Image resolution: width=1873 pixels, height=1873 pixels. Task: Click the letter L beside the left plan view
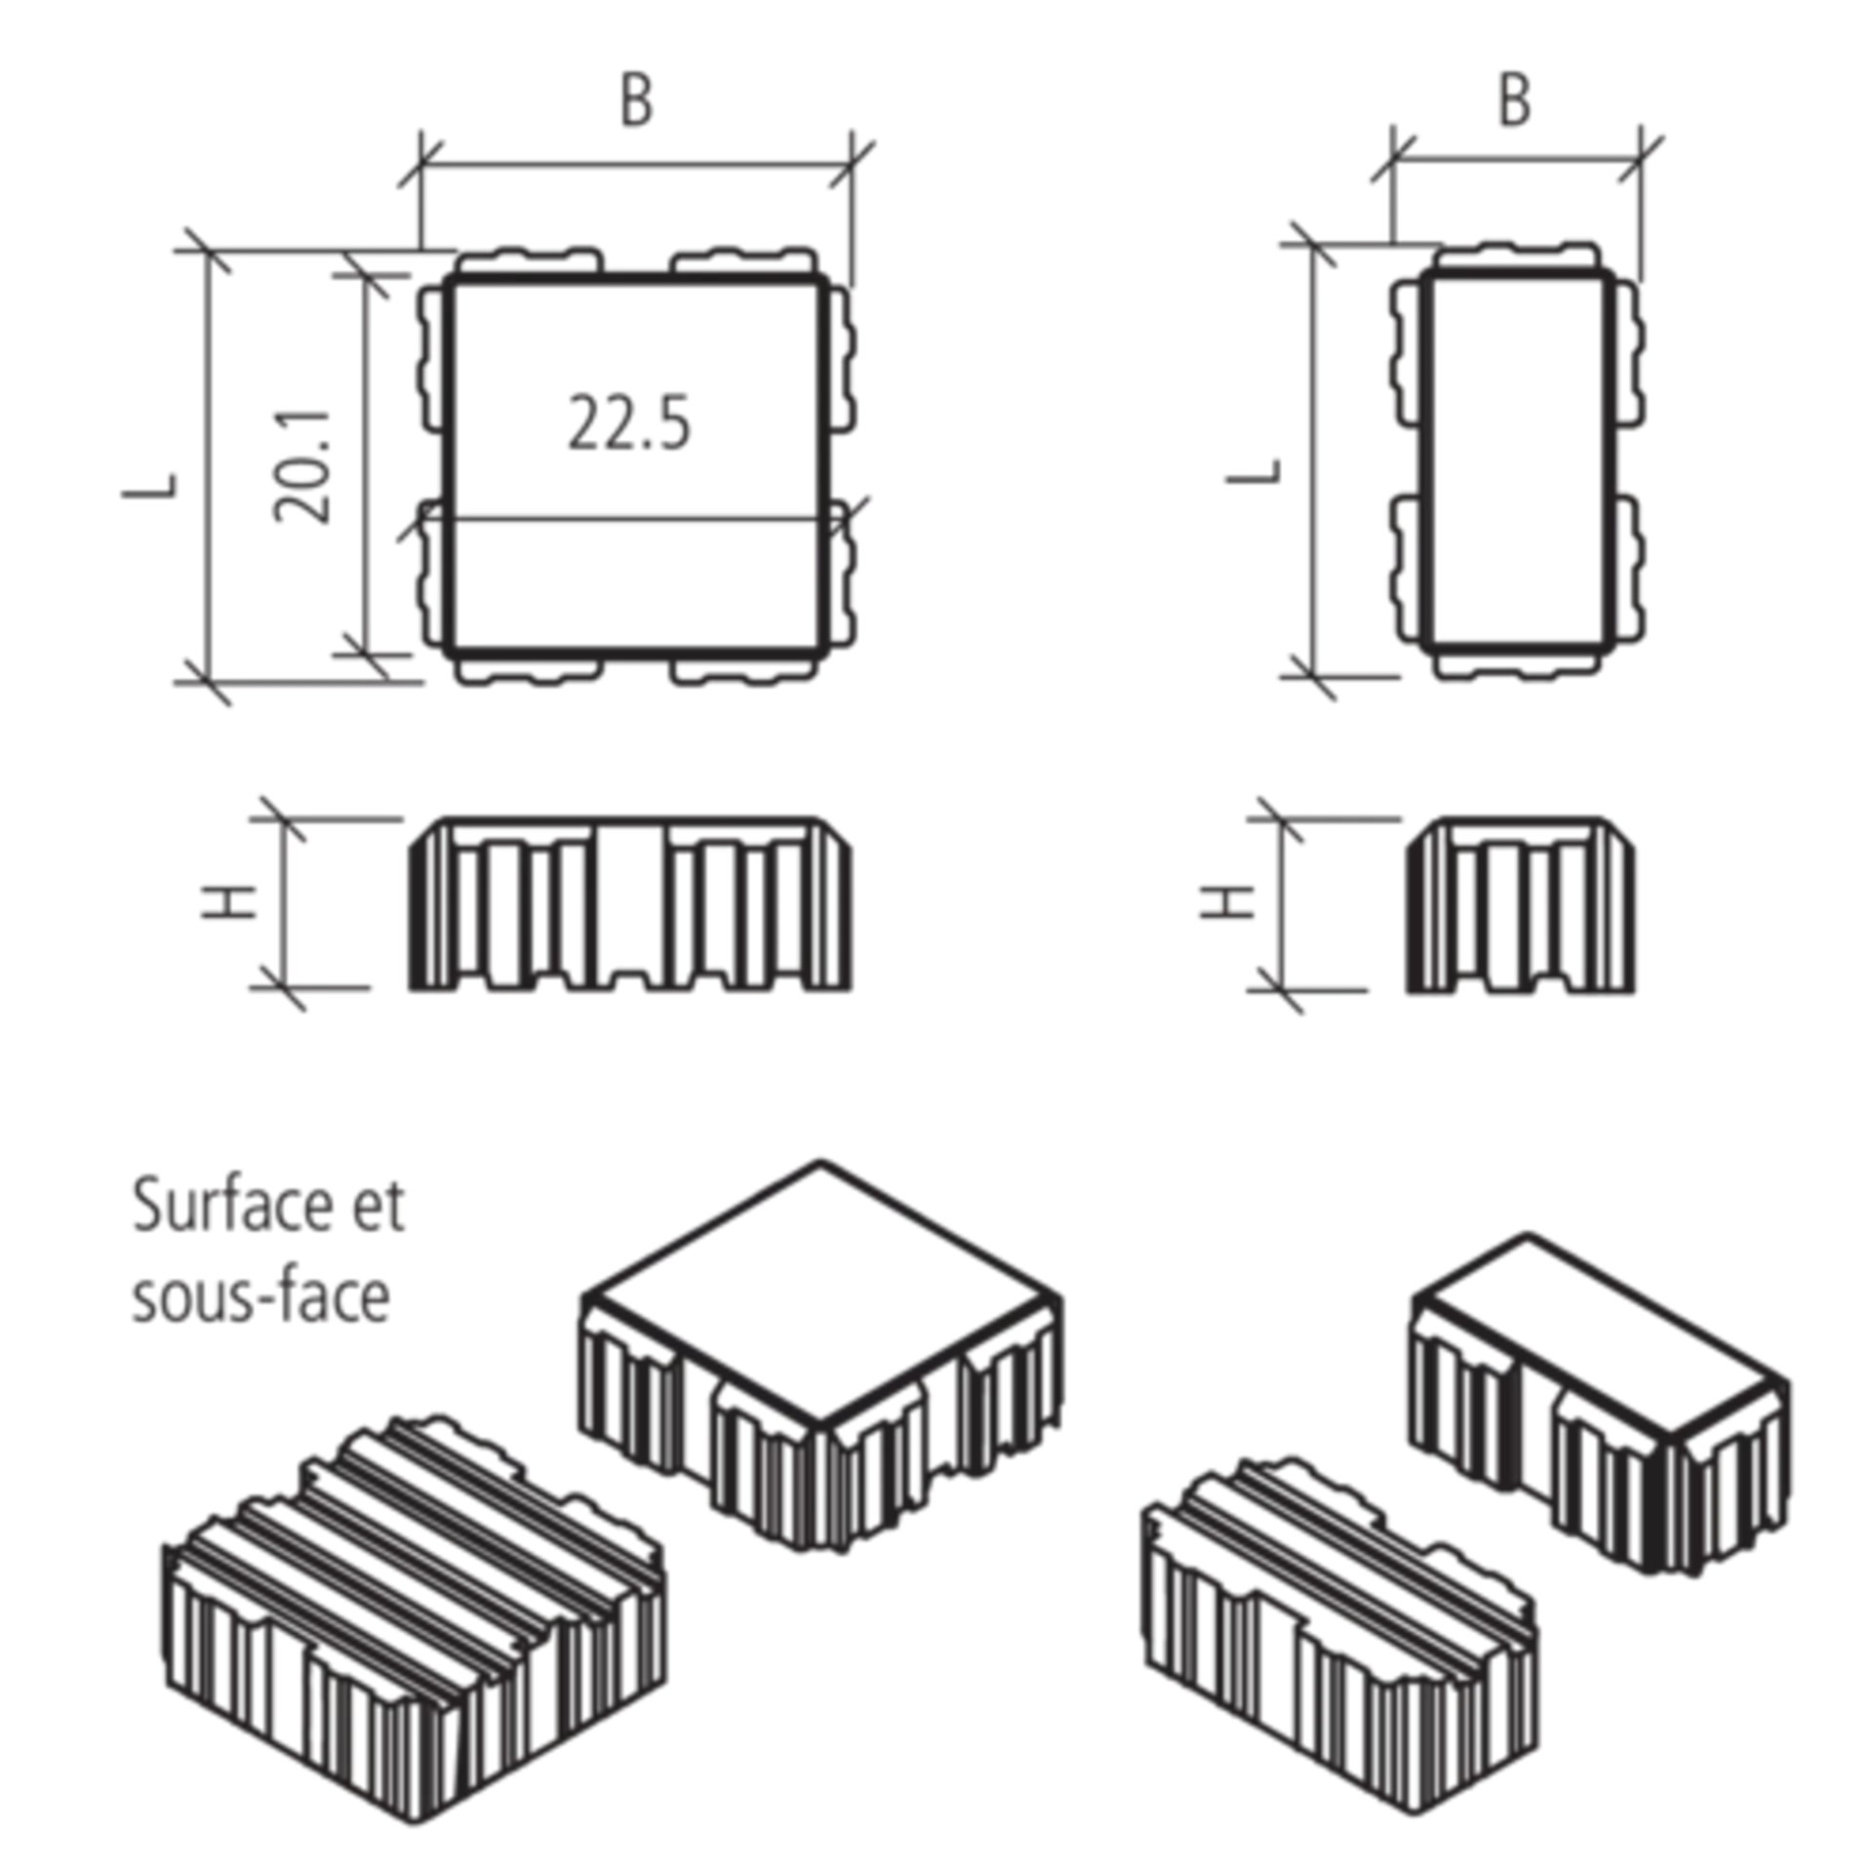coord(149,486)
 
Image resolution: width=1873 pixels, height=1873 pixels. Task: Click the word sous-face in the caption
coord(261,1298)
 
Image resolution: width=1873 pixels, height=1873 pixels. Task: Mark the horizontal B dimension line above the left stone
coord(634,163)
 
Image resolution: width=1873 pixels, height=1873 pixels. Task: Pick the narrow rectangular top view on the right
coord(1518,458)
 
